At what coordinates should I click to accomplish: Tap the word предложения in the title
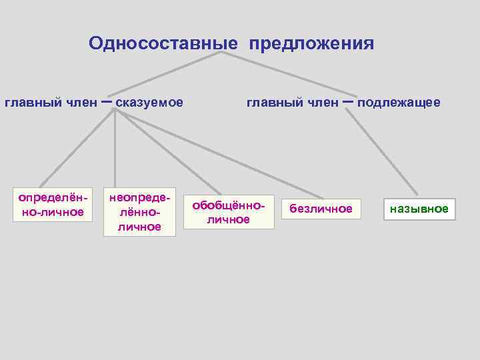click(312, 44)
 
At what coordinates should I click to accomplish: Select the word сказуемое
click(149, 103)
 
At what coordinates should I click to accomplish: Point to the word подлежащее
click(399, 103)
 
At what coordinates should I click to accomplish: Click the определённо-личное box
click(52, 205)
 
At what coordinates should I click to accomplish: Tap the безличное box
click(321, 209)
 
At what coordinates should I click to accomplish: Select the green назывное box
click(419, 209)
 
